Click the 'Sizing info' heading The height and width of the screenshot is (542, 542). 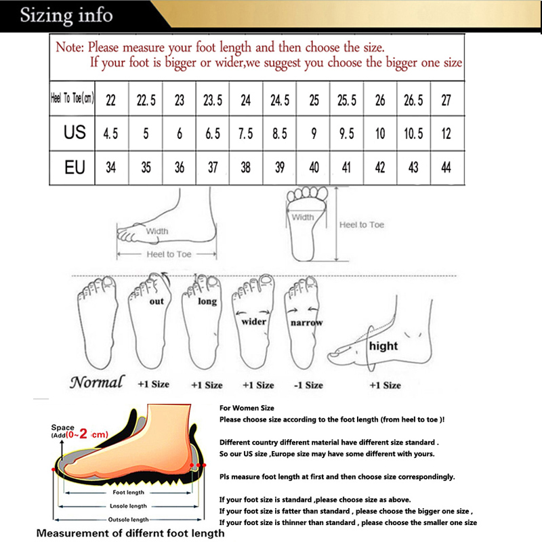(66, 15)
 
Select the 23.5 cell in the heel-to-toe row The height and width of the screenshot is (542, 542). (213, 100)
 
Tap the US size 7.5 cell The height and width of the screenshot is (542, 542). (246, 133)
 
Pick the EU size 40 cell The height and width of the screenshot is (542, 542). (314, 167)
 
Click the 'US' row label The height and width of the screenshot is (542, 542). (75, 132)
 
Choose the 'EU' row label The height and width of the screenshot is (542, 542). (75, 167)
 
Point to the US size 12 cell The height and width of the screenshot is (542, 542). (446, 133)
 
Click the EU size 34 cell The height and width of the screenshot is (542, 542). (110, 167)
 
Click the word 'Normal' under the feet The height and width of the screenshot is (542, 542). (97, 382)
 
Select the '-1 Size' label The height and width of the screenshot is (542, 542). (309, 385)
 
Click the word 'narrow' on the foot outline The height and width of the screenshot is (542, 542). (306, 323)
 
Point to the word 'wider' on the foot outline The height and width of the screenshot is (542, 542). (254, 322)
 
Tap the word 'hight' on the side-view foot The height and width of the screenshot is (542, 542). (383, 346)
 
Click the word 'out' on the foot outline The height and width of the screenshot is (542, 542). (157, 301)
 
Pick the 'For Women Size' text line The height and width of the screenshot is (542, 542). (247, 409)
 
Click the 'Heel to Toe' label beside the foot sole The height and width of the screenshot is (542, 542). (362, 225)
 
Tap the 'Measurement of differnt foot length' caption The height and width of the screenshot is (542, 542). (130, 533)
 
